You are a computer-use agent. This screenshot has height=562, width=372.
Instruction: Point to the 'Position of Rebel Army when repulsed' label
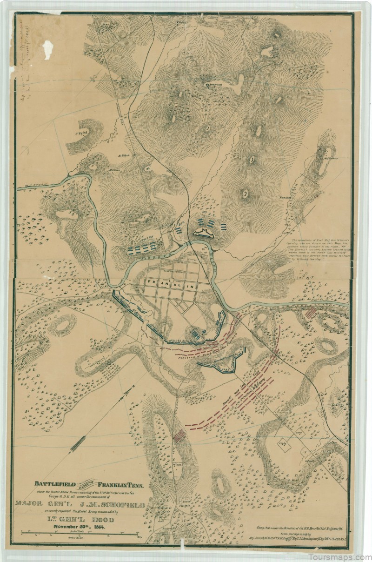pos(205,355)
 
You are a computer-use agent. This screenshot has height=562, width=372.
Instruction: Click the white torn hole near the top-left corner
pos(48,47)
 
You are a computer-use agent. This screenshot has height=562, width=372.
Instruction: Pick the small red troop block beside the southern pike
pos(179,435)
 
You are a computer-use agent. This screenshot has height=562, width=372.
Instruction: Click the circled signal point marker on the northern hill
pos(207,85)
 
